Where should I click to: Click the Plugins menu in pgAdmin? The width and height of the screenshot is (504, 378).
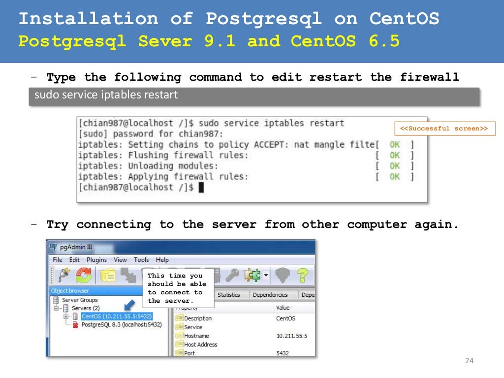click(96, 260)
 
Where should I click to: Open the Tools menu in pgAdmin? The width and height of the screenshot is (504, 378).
click(141, 260)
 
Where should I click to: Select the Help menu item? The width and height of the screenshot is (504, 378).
click(162, 260)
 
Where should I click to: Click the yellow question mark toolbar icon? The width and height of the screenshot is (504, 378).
click(302, 275)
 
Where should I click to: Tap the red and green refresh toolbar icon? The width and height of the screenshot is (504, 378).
click(83, 276)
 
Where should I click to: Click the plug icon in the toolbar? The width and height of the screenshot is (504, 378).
click(63, 276)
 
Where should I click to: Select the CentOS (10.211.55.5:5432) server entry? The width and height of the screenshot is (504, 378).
click(116, 316)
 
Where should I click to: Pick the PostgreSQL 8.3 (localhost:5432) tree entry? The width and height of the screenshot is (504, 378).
click(121, 325)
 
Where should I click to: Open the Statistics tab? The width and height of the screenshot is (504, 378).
click(228, 295)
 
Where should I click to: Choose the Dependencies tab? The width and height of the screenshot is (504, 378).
click(270, 295)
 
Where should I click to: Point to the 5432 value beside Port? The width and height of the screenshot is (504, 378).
click(283, 353)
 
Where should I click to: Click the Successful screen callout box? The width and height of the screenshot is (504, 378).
click(444, 128)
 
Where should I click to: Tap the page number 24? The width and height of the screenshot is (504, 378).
click(469, 361)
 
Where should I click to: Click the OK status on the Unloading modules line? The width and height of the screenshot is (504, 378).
click(395, 166)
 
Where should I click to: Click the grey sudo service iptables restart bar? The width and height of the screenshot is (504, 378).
click(253, 95)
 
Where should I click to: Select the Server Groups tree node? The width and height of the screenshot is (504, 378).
click(80, 300)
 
